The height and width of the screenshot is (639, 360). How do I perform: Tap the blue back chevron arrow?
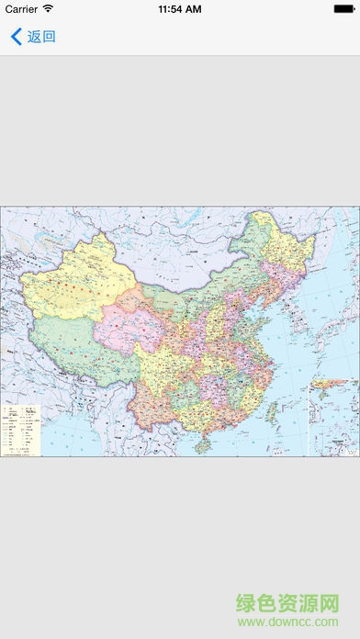[16, 37]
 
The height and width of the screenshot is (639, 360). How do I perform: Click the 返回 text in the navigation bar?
[41, 37]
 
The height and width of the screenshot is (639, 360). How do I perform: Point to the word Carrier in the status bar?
[21, 9]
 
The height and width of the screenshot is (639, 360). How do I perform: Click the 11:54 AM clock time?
[180, 9]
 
